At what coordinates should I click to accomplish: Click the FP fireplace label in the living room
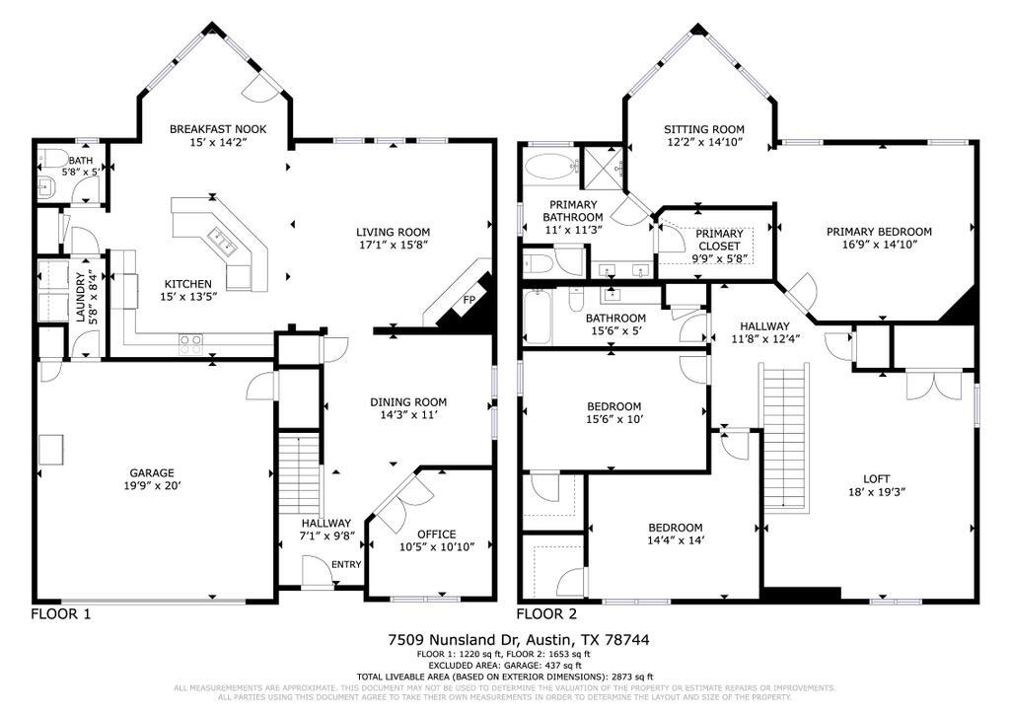468,301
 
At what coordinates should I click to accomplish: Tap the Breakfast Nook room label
217,129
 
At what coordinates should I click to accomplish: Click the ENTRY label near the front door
346,564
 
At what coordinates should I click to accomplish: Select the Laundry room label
80,296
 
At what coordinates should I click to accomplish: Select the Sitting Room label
703,129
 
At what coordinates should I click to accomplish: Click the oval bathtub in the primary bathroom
548,166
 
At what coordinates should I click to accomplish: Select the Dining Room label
408,401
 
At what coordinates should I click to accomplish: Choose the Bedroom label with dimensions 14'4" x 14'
675,528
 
